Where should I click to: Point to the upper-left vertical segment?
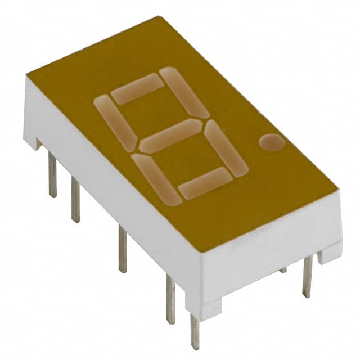pos(115,120)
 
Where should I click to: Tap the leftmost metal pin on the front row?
pos(52,175)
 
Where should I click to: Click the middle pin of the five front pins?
pos(122,248)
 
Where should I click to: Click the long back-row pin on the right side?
pos(307,276)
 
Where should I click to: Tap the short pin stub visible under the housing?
pos(283,270)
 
